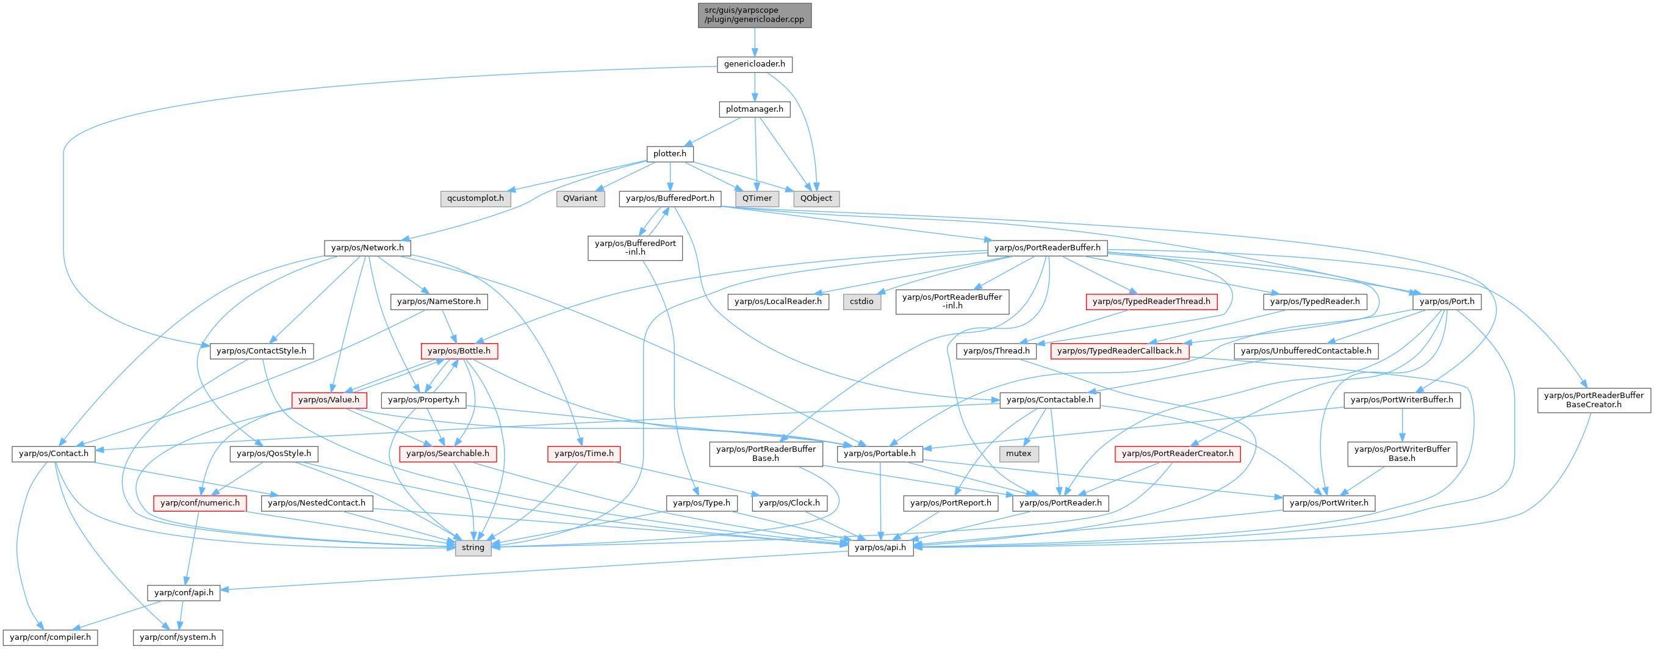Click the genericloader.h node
755,64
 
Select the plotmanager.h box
755,109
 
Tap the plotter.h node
670,154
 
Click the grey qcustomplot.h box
475,198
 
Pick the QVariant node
580,198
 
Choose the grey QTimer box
757,198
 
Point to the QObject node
816,198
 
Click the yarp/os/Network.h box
367,248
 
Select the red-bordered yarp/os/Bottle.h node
458,351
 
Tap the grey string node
473,548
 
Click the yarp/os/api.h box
880,548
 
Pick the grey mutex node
1018,454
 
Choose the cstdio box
861,302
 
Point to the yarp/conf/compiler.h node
50,637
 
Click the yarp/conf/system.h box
178,637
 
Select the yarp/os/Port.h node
1447,302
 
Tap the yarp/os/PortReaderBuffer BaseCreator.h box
1594,400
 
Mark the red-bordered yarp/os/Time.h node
584,454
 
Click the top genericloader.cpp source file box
755,15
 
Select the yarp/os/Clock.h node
789,503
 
